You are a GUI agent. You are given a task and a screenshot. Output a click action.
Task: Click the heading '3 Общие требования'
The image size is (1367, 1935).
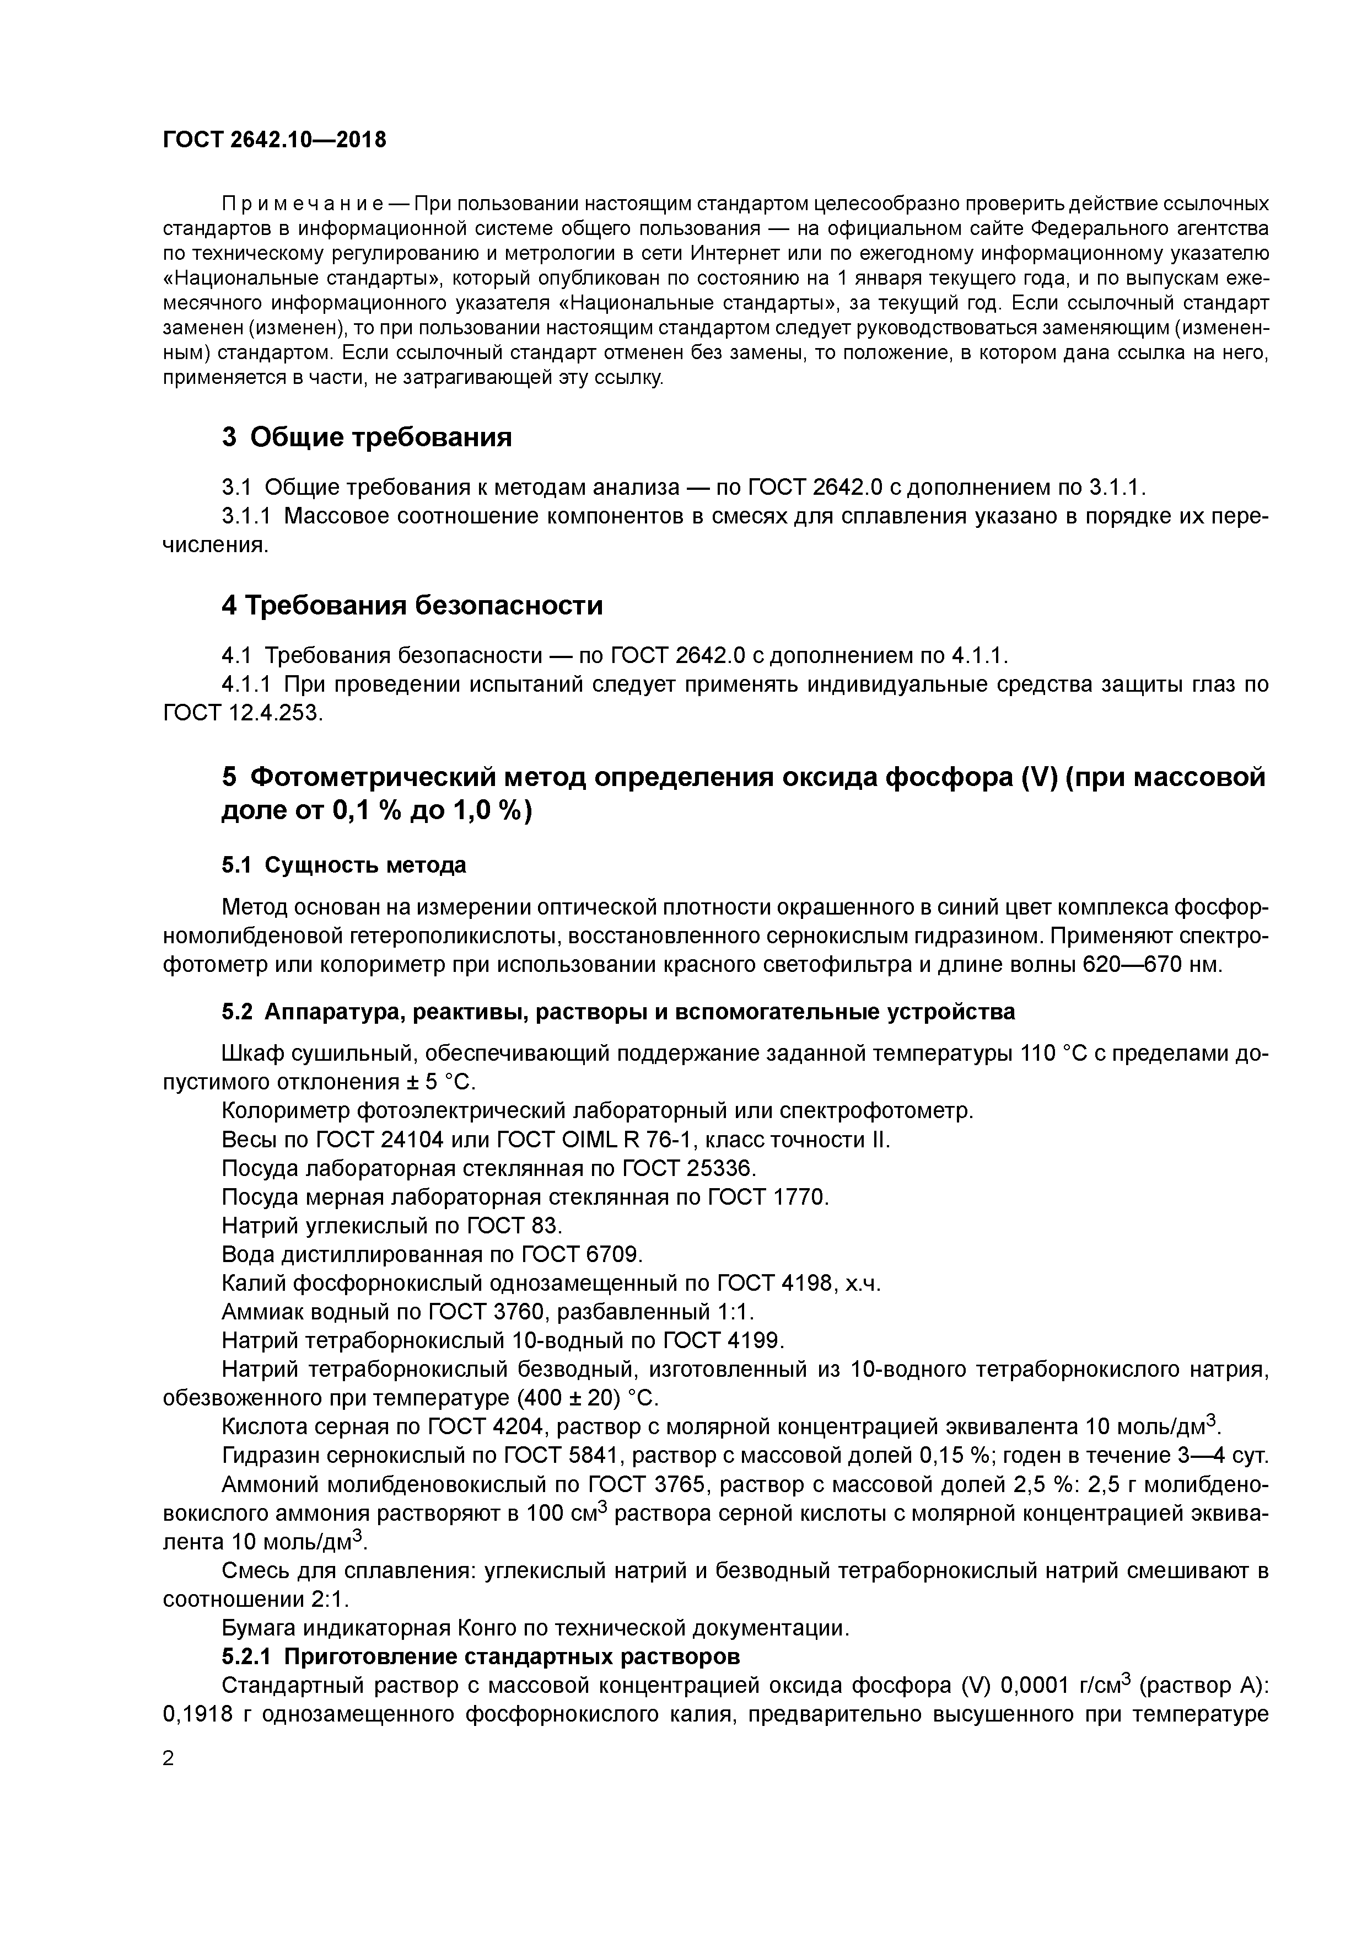point(367,437)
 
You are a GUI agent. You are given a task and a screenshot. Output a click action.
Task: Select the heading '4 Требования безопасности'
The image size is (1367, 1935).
point(412,606)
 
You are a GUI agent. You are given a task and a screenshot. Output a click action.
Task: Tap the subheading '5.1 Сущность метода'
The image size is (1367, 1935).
point(343,865)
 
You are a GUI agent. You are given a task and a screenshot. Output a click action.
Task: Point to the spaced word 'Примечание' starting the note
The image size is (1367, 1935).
point(303,205)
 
